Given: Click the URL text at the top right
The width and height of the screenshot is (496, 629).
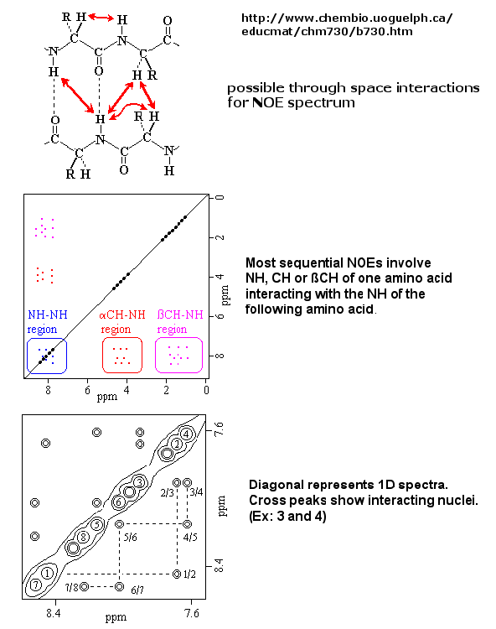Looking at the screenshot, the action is point(347,24).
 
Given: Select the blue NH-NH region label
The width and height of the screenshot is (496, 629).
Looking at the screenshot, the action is point(47,322).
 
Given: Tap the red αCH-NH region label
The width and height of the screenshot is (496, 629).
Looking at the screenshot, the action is point(121,322).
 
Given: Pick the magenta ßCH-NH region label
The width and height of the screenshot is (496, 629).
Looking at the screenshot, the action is point(180,322).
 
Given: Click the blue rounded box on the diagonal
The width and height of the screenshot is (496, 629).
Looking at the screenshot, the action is point(28,356).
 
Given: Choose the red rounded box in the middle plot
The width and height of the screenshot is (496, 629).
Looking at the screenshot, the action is point(102,355).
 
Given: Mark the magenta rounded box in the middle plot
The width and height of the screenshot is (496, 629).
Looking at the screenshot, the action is point(156,355).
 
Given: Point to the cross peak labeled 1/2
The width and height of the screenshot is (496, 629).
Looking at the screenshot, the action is point(177,574).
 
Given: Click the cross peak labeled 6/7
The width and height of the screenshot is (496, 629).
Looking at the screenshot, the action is point(120,586).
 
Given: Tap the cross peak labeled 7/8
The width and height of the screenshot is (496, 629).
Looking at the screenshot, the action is point(84,586).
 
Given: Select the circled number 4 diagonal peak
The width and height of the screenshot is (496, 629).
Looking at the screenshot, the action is point(186,434).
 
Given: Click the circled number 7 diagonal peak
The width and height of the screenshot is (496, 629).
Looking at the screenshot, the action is point(36,585).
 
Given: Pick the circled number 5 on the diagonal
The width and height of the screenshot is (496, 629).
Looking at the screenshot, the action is point(96,524).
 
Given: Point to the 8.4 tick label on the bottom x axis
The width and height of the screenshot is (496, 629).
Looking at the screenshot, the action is point(54,614).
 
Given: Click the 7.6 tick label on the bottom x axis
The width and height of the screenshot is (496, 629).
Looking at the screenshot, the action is point(192,614).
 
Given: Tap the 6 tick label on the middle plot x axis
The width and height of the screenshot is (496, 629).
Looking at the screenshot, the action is point(87,390).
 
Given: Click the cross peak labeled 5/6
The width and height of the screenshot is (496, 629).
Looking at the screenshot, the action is point(120,524).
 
